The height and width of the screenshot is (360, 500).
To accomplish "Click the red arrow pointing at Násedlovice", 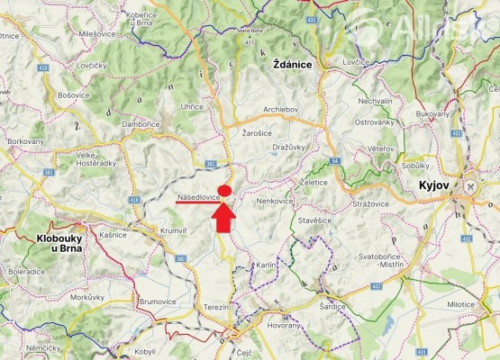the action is click(x=223, y=217).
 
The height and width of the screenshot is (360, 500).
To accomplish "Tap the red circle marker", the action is click(x=224, y=190).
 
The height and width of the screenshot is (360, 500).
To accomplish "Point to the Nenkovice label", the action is click(x=276, y=200).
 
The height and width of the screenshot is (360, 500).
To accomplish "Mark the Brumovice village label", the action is click(x=158, y=302).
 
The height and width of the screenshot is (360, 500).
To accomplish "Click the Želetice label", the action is click(x=314, y=182).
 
